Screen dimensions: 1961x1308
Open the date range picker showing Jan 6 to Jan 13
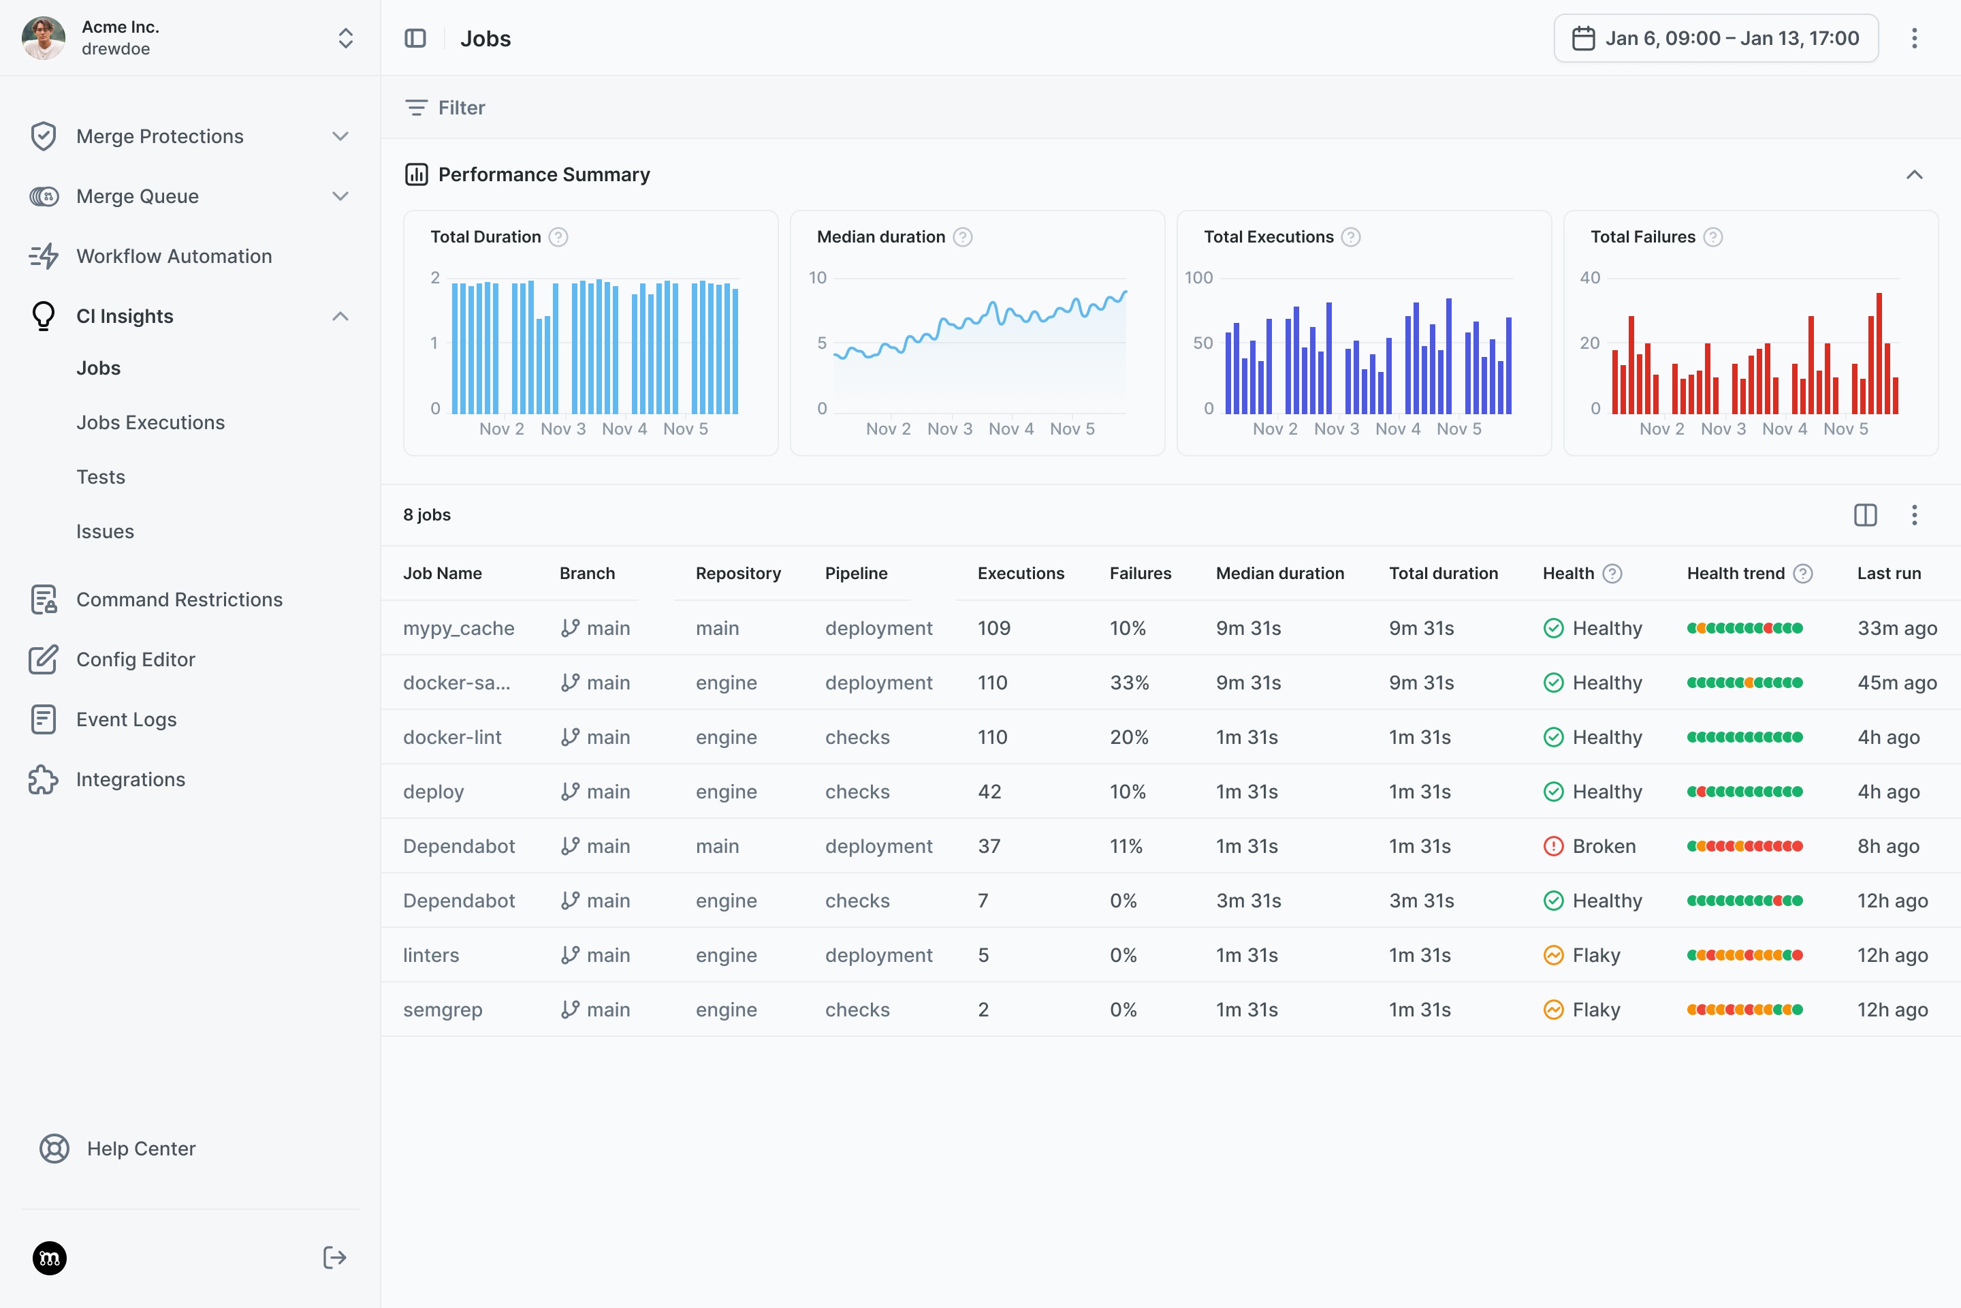(x=1716, y=38)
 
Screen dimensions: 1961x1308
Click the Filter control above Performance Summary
(x=445, y=108)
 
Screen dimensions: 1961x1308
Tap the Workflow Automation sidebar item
(x=174, y=256)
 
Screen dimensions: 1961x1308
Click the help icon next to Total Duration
(x=558, y=237)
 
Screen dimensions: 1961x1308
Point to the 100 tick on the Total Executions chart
(x=1199, y=278)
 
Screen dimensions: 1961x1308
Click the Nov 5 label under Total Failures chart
(x=1846, y=429)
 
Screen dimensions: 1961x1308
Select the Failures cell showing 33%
(x=1129, y=683)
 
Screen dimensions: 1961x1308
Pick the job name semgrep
(x=443, y=1010)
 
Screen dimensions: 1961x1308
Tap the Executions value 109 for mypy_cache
(x=994, y=628)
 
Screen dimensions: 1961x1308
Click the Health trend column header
(x=1736, y=573)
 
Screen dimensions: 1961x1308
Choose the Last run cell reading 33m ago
(x=1897, y=628)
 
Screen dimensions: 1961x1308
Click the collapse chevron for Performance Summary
(x=1914, y=174)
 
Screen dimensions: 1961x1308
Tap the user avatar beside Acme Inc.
(x=44, y=37)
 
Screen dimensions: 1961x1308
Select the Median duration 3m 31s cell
(x=1248, y=901)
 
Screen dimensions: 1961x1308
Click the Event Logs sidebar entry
(x=126, y=719)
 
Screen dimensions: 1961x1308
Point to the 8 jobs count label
(x=427, y=515)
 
